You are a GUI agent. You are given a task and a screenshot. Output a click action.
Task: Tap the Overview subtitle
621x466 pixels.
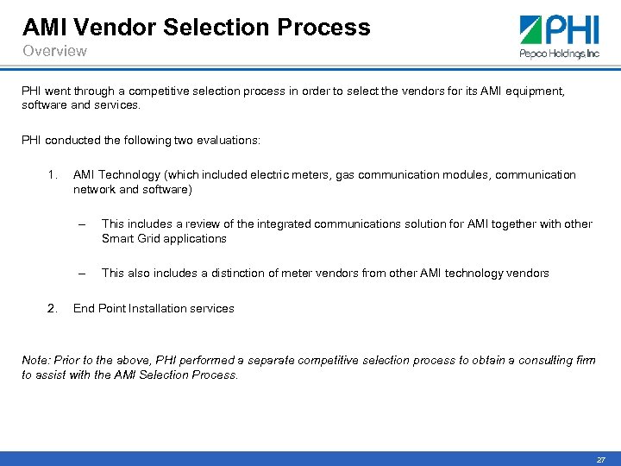54,51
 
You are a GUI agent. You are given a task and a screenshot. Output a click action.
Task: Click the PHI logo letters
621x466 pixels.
569,31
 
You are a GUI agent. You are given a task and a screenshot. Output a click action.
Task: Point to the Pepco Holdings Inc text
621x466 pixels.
559,54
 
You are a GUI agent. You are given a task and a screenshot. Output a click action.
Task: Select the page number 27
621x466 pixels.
600,460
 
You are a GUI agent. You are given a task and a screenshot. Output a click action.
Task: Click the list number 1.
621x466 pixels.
53,175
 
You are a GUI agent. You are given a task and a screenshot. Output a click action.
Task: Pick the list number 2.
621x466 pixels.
53,308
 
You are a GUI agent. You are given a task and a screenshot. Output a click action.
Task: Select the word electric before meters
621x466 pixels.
271,175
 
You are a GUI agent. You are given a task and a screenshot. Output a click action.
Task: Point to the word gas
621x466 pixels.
345,175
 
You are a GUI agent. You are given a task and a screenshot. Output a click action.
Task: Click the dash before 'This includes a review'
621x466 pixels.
81,224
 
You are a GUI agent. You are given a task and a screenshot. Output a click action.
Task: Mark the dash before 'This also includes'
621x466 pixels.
81,273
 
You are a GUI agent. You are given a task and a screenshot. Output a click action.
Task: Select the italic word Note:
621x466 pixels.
36,361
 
